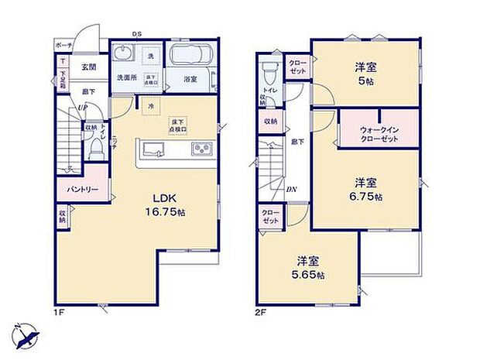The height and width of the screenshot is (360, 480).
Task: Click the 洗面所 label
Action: (x=126, y=78)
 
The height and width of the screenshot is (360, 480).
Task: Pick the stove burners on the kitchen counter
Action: (x=198, y=148)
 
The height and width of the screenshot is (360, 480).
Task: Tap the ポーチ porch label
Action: (x=63, y=46)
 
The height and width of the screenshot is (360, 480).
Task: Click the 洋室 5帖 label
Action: (x=368, y=72)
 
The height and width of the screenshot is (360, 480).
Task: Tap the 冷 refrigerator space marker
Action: (x=149, y=105)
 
